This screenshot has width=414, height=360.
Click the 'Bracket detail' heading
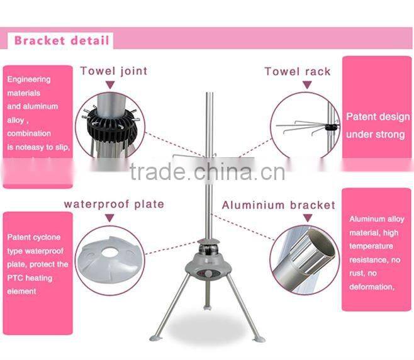pyautogui.click(x=62, y=42)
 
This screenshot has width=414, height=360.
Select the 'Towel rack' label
pyautogui.click(x=298, y=71)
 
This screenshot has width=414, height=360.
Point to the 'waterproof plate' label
pyautogui.click(x=114, y=204)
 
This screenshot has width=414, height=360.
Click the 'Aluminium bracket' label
pyautogui.click(x=279, y=205)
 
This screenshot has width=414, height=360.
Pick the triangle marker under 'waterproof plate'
pyautogui.click(x=110, y=218)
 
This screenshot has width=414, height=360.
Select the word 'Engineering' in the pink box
pyautogui.click(x=29, y=79)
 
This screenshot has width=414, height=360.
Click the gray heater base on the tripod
pyautogui.click(x=207, y=264)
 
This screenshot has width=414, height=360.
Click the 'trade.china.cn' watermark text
pyautogui.click(x=208, y=171)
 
